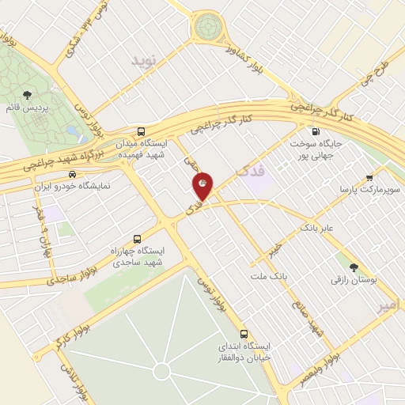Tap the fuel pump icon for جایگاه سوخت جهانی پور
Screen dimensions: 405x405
(316, 132)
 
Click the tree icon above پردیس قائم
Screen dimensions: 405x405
(28, 95)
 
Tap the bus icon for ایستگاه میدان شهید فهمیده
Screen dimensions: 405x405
(141, 132)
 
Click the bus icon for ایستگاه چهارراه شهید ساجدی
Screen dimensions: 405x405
(138, 239)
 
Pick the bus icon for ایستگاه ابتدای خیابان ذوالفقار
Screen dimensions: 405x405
(244, 334)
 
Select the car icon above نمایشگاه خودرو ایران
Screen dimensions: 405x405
(73, 174)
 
